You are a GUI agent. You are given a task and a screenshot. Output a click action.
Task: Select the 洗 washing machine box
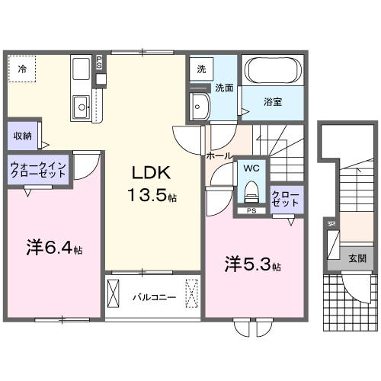tap(201, 69)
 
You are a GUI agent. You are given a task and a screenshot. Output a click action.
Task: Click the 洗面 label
tap(223, 88)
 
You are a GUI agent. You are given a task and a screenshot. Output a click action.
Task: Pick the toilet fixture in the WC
tap(251, 188)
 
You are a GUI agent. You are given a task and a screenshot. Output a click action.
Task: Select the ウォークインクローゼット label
tap(39, 169)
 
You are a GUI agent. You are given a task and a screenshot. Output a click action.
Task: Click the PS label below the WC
tap(251, 210)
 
